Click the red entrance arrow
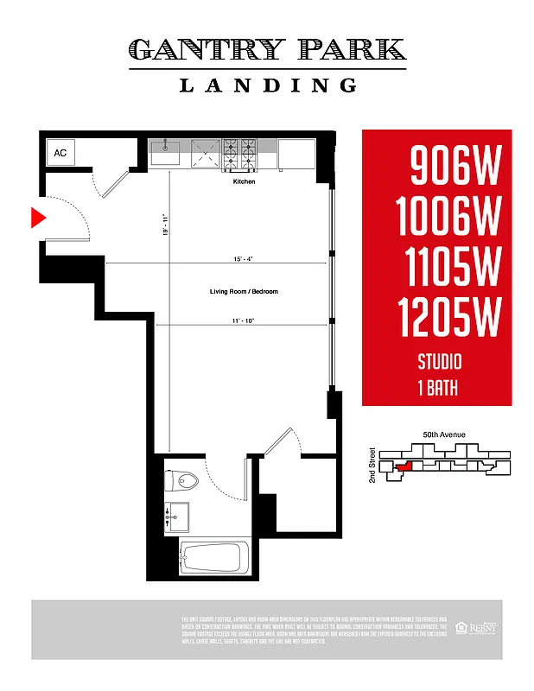point(37,219)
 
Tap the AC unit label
point(60,153)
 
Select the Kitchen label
point(244,182)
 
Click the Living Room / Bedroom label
point(244,292)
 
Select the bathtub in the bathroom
point(215,558)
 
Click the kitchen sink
point(165,153)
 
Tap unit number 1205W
point(449,317)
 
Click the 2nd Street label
point(372,465)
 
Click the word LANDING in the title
point(267,85)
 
